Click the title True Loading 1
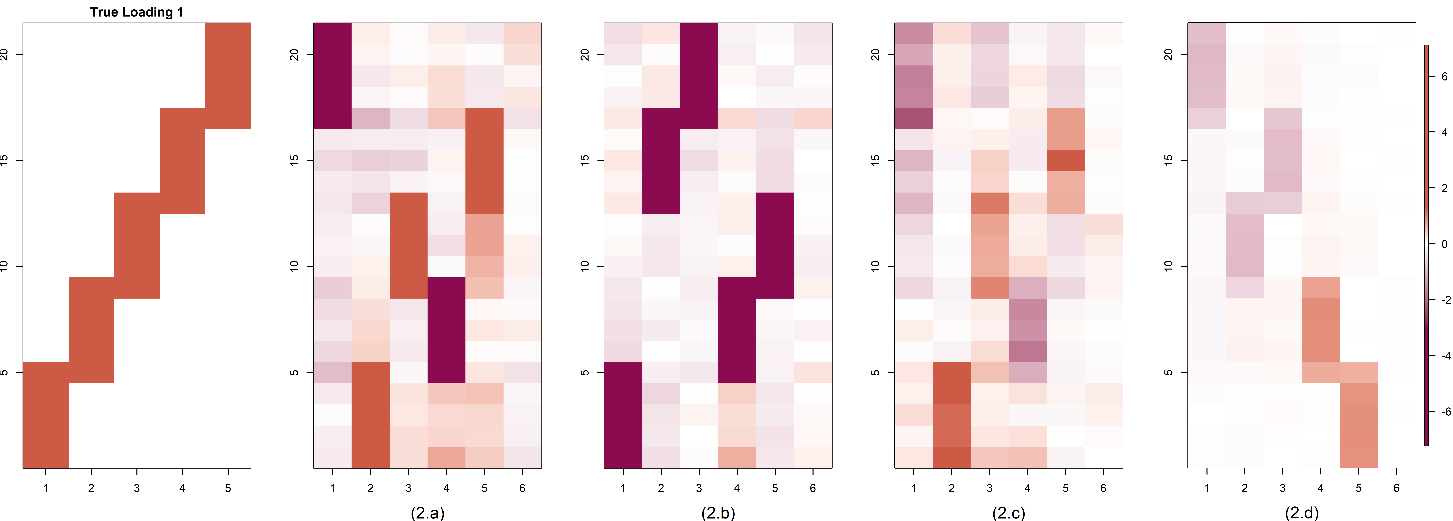136,12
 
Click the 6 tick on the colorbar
1444,76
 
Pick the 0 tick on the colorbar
1444,244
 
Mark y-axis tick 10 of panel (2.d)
1168,266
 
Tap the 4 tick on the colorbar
1444,132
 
